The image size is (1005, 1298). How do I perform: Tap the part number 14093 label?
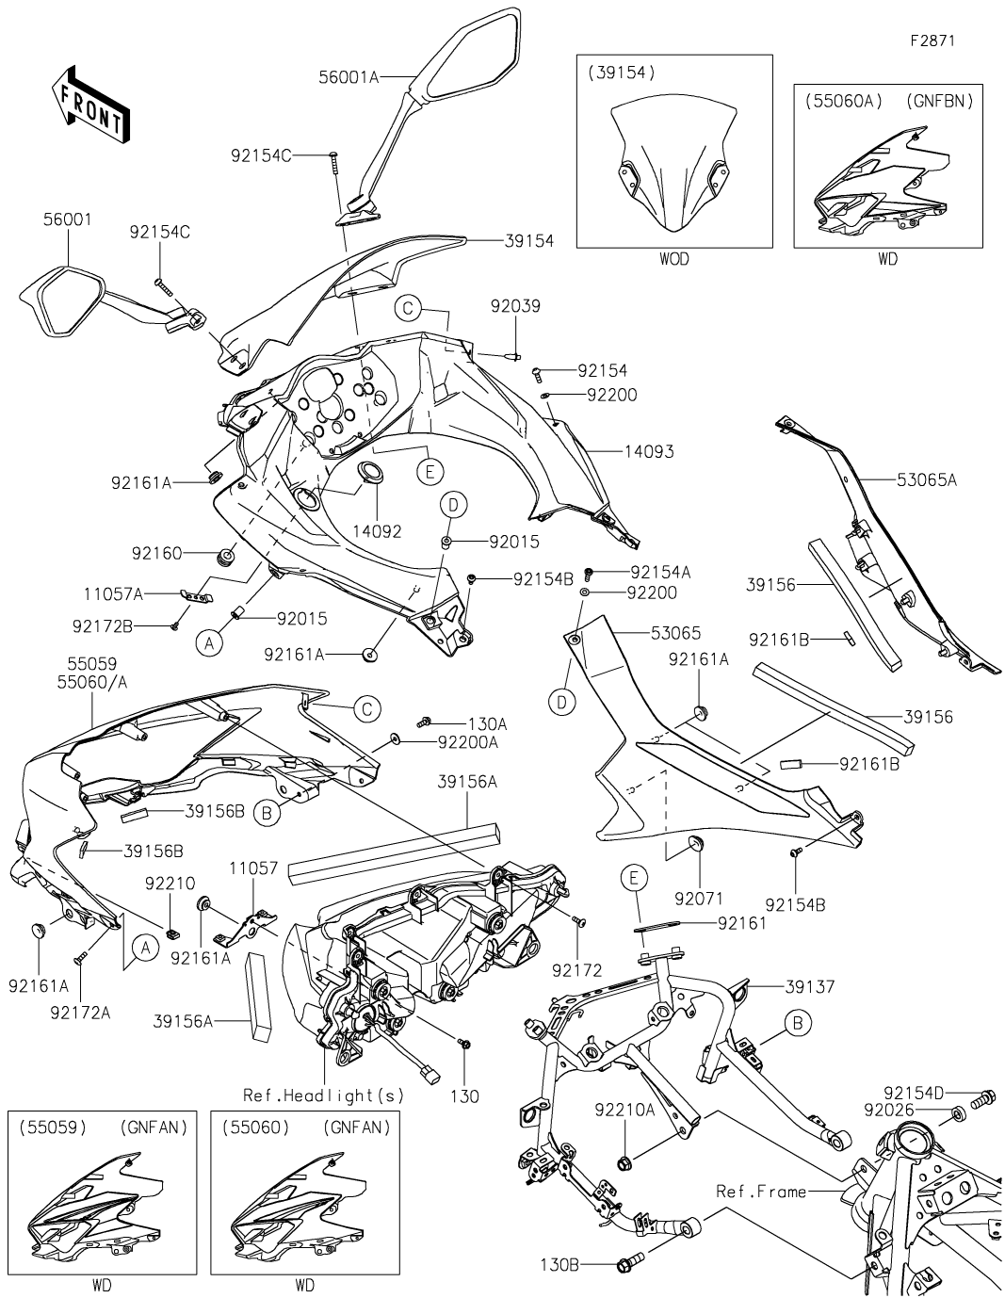[649, 452]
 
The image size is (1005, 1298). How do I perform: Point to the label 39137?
[807, 986]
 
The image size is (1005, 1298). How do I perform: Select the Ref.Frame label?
[761, 1192]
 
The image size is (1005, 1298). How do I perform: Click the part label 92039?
[515, 306]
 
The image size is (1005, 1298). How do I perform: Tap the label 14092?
[377, 531]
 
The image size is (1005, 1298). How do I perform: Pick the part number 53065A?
[926, 479]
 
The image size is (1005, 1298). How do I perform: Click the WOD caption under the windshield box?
[674, 260]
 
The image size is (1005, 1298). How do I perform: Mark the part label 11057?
[254, 868]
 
